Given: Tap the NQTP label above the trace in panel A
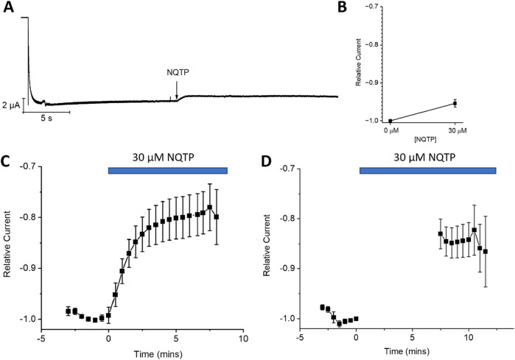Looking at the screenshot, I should [x=177, y=73].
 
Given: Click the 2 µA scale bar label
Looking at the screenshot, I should [x=10, y=105].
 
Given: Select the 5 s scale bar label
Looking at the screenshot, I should [x=48, y=118].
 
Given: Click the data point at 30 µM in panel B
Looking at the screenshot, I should [x=455, y=103].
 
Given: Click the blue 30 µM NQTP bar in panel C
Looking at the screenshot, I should [x=168, y=171].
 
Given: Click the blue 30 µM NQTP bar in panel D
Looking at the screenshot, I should [x=427, y=171].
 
